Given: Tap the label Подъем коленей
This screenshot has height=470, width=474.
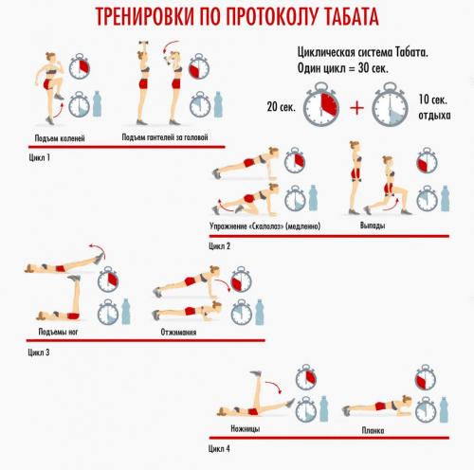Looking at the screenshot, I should (58, 138).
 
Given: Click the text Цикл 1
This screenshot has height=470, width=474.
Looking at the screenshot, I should (39, 157).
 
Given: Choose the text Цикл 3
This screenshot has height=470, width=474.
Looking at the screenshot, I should (39, 352).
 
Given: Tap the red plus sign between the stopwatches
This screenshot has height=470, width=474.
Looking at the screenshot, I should (356, 106).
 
